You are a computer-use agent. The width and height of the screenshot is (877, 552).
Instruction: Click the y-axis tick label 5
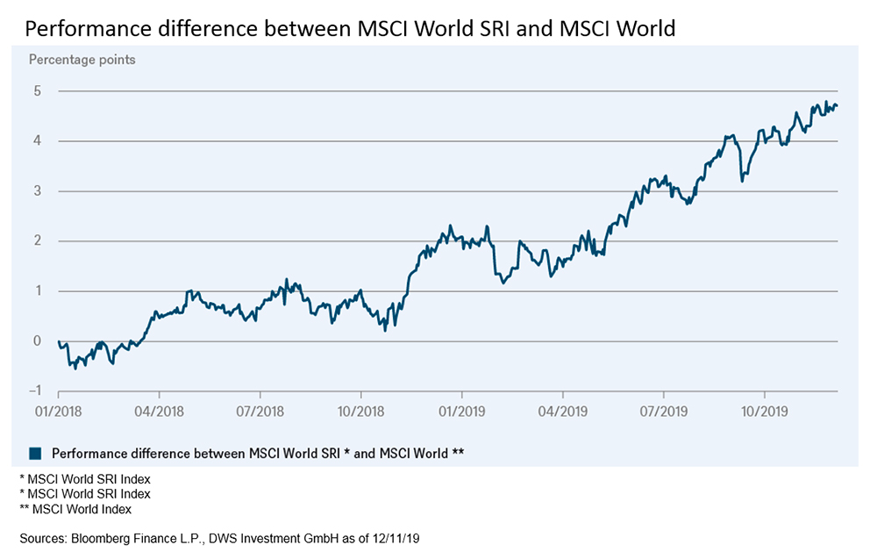[x=38, y=91]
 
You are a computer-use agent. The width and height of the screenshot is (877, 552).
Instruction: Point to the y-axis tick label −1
[x=35, y=391]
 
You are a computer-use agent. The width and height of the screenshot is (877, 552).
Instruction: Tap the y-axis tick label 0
[x=38, y=341]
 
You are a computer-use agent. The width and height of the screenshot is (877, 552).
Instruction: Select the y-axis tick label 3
[x=38, y=191]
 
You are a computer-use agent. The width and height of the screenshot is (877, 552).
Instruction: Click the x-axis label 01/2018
[x=58, y=410]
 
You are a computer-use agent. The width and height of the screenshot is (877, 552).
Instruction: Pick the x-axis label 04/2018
[x=159, y=410]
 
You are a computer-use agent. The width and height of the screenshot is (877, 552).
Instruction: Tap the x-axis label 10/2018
[x=360, y=410]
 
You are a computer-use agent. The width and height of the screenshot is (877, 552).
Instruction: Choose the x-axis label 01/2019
[x=461, y=410]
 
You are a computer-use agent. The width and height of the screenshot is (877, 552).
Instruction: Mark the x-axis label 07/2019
[x=663, y=410]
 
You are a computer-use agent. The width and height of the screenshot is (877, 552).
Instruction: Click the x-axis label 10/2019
[x=764, y=410]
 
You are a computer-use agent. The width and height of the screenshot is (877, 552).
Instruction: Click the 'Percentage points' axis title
[x=82, y=60]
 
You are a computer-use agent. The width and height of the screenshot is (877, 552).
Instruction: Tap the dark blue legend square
[x=35, y=453]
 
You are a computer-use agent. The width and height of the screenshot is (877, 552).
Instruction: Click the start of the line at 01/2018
[x=58, y=341]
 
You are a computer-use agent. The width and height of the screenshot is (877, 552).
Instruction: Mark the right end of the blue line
[x=838, y=106]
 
